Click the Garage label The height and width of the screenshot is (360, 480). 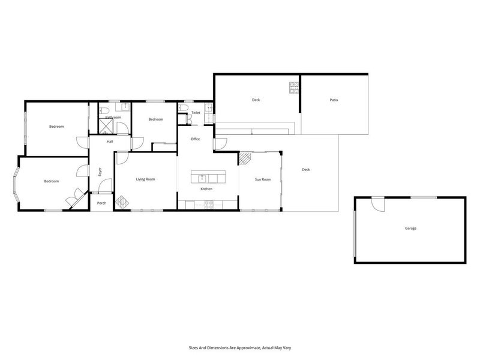tap(410, 229)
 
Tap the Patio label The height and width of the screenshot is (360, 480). tap(334, 100)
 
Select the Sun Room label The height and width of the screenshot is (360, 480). tap(263, 179)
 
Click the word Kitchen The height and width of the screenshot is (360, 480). tap(206, 189)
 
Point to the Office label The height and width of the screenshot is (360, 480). tap(196, 139)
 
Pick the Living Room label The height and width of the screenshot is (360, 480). tap(145, 179)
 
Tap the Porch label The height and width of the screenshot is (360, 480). tap(101, 203)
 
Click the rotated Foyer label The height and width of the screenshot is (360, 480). tap(100, 172)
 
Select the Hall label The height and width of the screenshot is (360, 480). tap(110, 142)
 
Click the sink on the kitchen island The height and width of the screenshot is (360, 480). tap(202, 178)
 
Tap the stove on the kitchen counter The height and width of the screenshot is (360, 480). tap(209, 205)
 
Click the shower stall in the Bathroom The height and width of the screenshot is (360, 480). tap(106, 127)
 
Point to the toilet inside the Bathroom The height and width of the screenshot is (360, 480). tap(104, 110)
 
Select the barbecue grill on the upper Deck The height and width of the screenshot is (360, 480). tap(294, 88)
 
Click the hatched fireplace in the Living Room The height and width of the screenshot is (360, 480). tap(123, 202)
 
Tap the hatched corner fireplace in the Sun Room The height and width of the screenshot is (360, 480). tap(244, 158)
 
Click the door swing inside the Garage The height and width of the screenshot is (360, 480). tap(378, 205)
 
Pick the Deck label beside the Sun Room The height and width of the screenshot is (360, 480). tap(306, 170)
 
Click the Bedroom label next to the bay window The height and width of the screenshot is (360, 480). tap(52, 181)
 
